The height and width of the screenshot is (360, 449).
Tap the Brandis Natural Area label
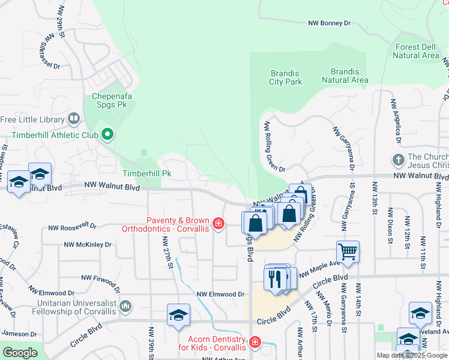[x=345, y=76]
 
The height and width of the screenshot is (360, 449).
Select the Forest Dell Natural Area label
[x=416, y=51]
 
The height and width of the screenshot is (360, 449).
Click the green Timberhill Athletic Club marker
[x=107, y=134]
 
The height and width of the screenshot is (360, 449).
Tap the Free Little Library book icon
[x=74, y=119]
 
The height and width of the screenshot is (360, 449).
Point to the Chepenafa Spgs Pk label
[x=113, y=100]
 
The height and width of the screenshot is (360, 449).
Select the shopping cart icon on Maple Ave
[x=348, y=250]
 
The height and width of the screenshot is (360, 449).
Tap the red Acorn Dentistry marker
[x=255, y=342]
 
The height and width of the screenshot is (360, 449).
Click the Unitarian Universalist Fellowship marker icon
[x=125, y=307]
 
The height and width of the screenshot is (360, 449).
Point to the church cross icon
[x=397, y=160]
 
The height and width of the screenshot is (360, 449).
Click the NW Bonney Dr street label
[x=329, y=23]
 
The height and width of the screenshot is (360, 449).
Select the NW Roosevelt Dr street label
[x=72, y=227]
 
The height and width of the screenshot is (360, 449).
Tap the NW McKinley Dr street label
[x=88, y=245]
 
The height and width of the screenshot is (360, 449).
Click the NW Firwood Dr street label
[x=100, y=280]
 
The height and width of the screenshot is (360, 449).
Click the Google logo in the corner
[x=20, y=353]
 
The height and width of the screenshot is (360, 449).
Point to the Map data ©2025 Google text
[x=412, y=355]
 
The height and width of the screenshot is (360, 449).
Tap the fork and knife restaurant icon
[x=276, y=280]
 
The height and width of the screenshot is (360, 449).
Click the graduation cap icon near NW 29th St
[x=178, y=316]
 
